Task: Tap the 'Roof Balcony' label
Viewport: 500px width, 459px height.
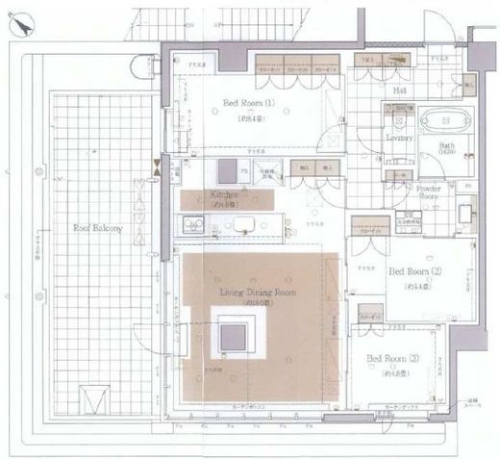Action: pos(99,228)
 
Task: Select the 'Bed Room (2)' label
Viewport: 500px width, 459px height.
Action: pos(415,272)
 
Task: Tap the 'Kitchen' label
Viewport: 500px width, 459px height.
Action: pos(224,194)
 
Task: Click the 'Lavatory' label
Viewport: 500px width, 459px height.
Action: pos(399,139)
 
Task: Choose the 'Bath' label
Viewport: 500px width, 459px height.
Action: pos(447,147)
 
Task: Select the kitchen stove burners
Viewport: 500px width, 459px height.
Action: pos(191,227)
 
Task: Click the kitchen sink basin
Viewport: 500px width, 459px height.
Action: pos(241,227)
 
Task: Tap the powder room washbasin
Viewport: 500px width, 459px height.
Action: pos(465,209)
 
